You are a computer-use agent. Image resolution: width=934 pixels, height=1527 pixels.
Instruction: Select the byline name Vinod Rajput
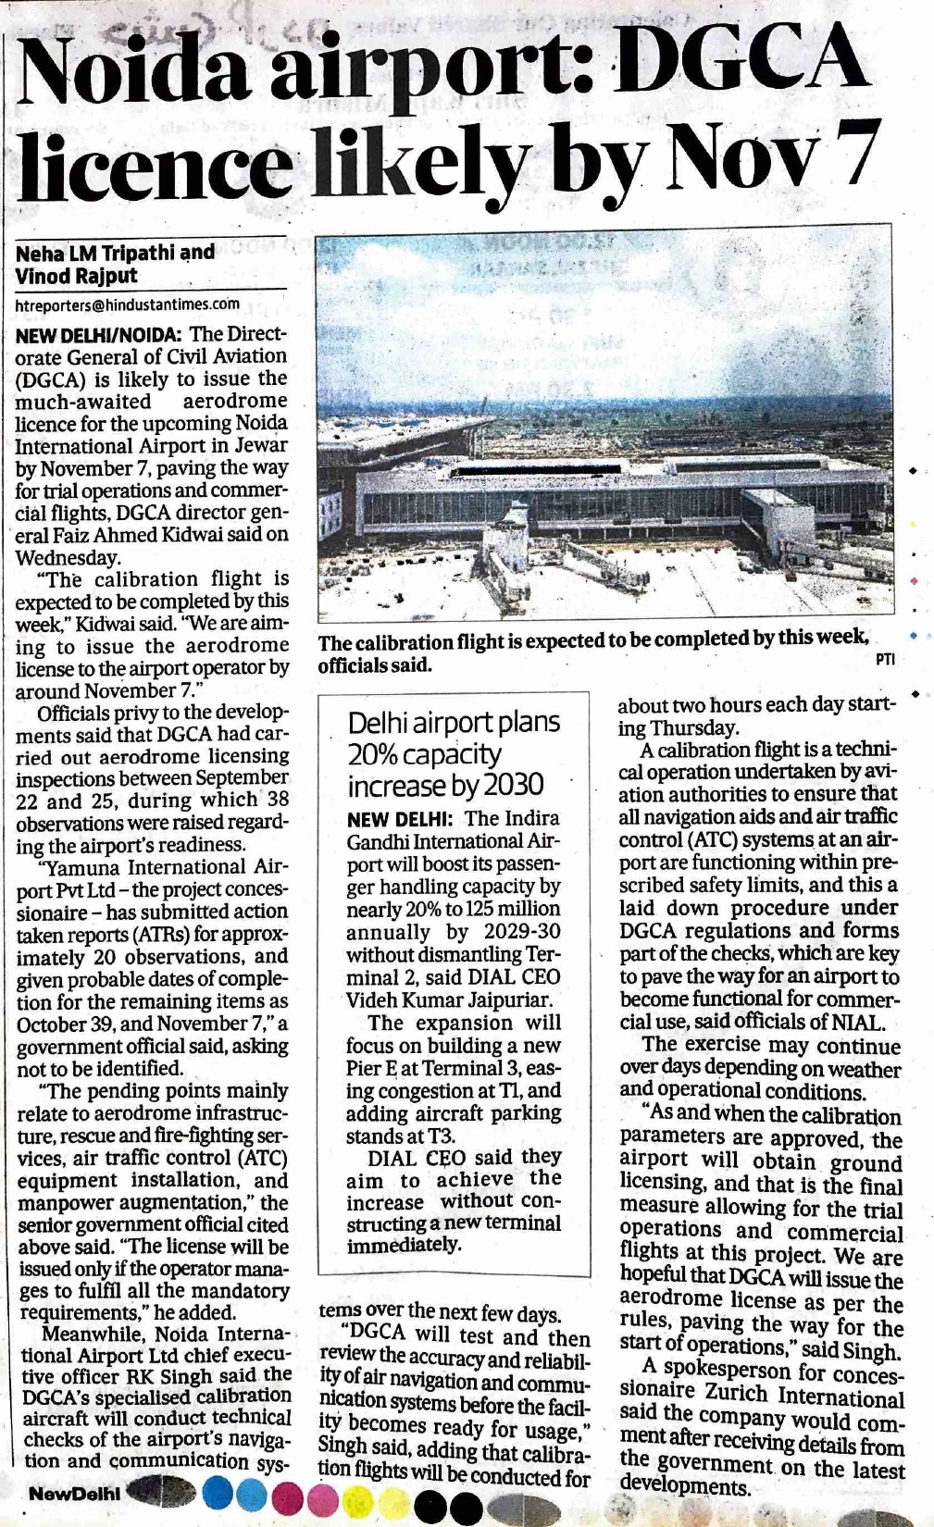pos(76,276)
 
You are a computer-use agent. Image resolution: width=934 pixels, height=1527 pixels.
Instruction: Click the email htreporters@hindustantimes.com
pos(128,304)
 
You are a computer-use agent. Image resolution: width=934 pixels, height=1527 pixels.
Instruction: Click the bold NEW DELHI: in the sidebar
pos(400,819)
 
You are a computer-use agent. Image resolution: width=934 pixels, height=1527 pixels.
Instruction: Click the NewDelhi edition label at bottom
pos(74,1493)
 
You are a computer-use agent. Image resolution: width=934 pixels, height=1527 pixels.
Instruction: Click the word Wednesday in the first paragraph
pos(67,557)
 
